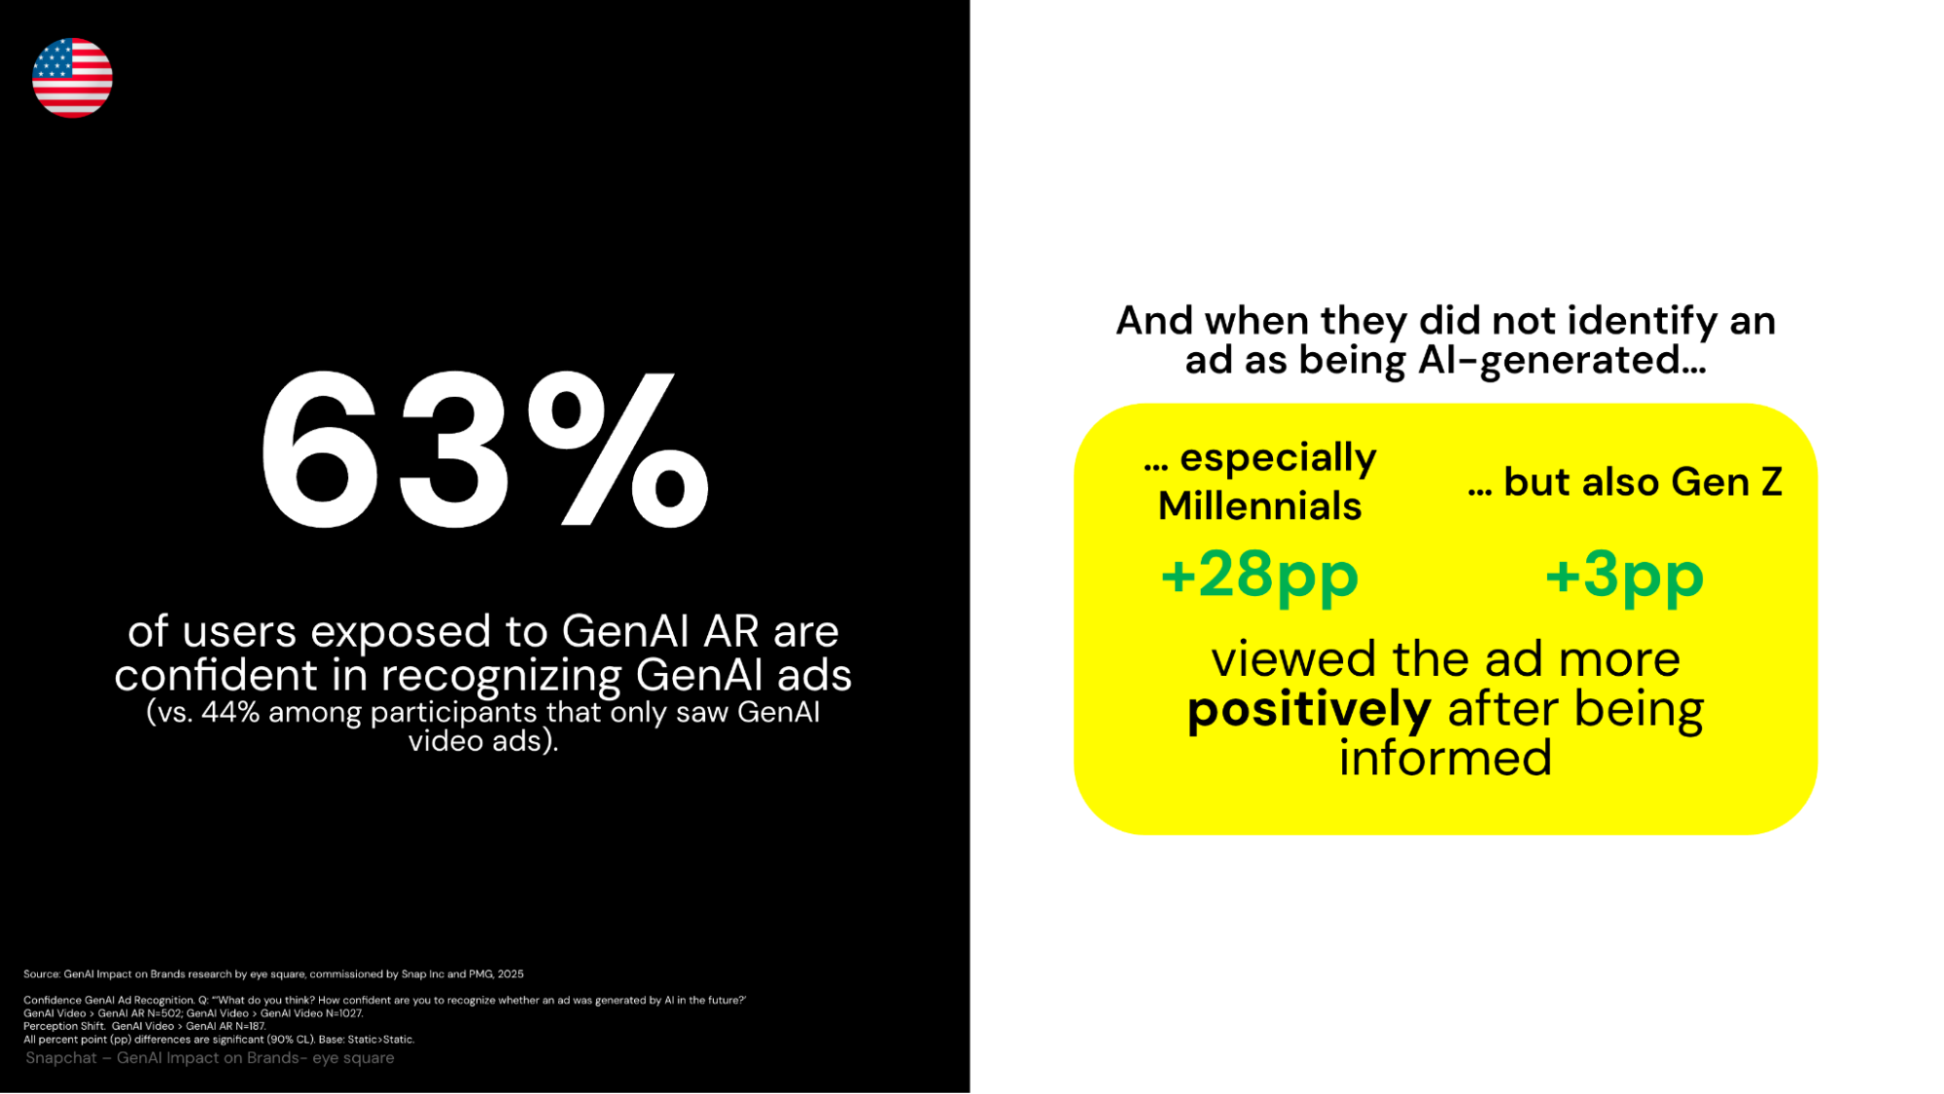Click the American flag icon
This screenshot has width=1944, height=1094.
click(72, 78)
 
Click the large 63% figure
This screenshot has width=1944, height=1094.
click(484, 449)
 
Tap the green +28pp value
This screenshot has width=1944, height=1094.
click(1259, 576)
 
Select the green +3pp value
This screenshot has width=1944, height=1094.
click(1624, 576)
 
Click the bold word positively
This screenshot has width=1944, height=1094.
click(1309, 710)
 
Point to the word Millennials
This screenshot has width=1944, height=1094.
click(1259, 506)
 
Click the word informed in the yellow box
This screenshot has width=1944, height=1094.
click(1445, 759)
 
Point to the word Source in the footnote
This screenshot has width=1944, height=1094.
click(41, 973)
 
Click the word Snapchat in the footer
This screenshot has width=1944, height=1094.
click(61, 1058)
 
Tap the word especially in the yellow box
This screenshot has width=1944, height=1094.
click(1279, 458)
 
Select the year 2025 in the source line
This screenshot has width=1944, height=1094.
click(511, 973)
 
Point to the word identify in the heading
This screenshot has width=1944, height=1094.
click(1641, 321)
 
